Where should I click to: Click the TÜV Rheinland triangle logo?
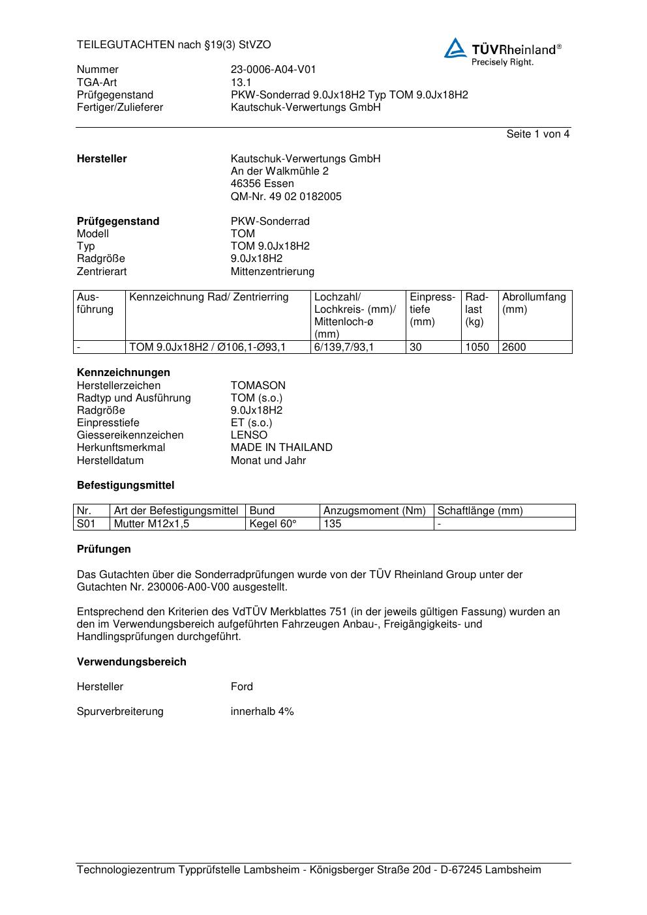(x=455, y=49)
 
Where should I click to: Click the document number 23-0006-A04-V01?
(x=273, y=70)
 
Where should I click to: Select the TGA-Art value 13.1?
(x=241, y=82)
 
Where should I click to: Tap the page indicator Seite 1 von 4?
(x=537, y=134)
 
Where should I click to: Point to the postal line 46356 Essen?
(x=262, y=184)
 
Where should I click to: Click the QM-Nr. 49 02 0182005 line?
(x=286, y=196)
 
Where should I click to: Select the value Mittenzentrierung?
(x=272, y=271)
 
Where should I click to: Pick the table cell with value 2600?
(x=514, y=347)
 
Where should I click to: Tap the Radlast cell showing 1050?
(x=477, y=347)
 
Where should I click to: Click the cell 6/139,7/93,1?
(x=344, y=347)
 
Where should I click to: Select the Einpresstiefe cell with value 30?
(x=415, y=347)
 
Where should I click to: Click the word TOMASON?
(x=258, y=385)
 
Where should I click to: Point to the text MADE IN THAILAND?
(x=281, y=448)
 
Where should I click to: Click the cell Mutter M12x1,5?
(x=151, y=524)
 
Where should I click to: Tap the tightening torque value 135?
(x=332, y=524)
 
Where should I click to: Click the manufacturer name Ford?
(x=241, y=686)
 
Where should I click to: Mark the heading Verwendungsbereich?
(x=131, y=661)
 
